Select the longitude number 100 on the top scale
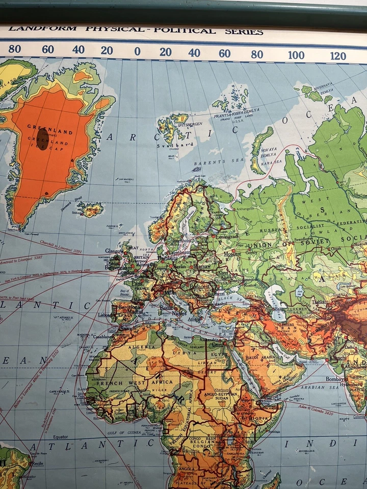point(296,55)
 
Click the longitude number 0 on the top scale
point(137,51)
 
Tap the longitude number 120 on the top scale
point(338,56)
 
